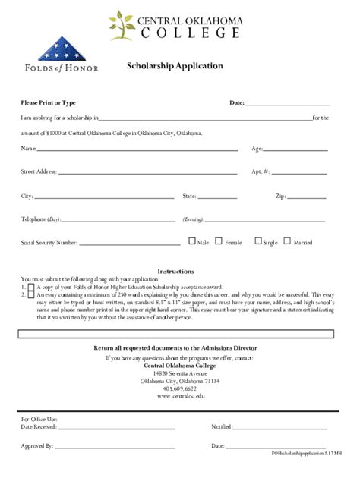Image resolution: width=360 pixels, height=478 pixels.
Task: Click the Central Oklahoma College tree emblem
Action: click(x=121, y=25)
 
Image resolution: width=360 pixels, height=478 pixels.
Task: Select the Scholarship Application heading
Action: click(x=175, y=66)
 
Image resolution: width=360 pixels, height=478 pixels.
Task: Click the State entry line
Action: click(x=217, y=197)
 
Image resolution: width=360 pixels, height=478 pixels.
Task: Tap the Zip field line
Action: click(x=307, y=197)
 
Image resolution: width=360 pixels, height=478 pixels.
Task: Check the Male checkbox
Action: click(x=192, y=242)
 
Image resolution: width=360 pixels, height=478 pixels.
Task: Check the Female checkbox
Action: click(x=219, y=242)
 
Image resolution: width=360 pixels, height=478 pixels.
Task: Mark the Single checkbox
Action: click(x=258, y=242)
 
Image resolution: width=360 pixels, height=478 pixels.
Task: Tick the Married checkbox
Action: click(x=288, y=242)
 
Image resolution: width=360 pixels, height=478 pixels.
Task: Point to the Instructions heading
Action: click(x=175, y=272)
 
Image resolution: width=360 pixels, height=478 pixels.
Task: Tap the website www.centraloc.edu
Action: click(x=181, y=396)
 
